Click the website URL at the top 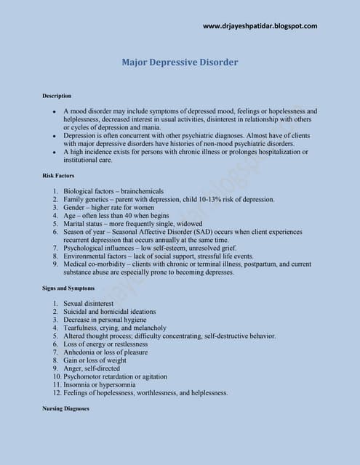tap(260, 26)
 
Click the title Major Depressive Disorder tap(180, 62)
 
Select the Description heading tap(57, 96)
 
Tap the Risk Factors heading tap(58, 176)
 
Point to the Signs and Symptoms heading tap(68, 288)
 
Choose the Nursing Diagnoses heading tap(65, 408)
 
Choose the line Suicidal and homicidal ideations tap(109, 312)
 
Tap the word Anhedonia tap(81, 352)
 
